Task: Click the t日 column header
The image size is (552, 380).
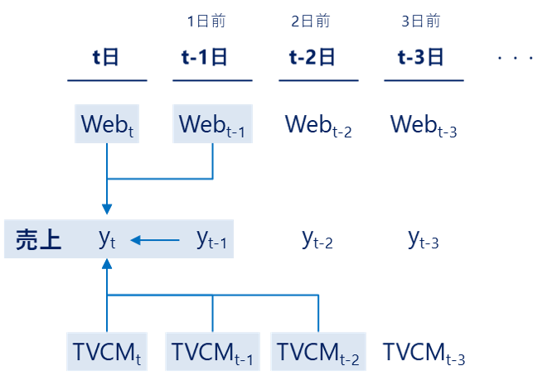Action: coord(107,57)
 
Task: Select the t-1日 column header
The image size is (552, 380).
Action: coord(204,57)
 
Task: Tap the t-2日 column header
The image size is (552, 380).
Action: coord(312,57)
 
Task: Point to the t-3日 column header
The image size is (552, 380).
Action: coord(420,57)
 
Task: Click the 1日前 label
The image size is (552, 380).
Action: coord(205,22)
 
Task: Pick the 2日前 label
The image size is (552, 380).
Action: coord(311,22)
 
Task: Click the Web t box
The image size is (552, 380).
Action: coord(107,124)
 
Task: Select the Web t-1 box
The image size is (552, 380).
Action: coord(213,124)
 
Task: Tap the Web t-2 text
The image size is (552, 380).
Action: coord(318,125)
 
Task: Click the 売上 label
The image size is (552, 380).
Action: coord(38,240)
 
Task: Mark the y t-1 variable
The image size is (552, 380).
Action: coord(211,240)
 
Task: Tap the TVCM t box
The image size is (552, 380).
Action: coord(107,353)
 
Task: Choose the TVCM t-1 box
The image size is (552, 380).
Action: coord(213,353)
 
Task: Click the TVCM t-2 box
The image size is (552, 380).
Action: coord(318,353)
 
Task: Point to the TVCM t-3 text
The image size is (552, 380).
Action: coord(424,354)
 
